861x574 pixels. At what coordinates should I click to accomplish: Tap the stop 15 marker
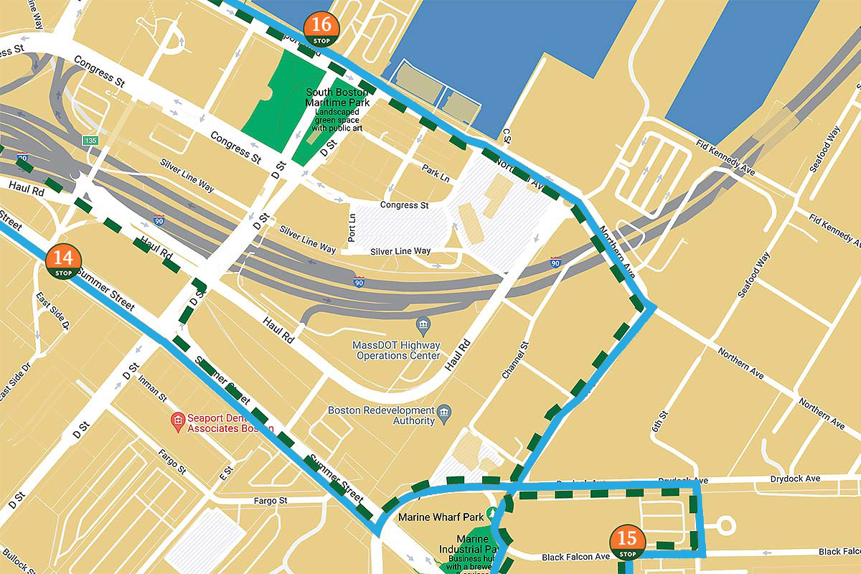pyautogui.click(x=627, y=543)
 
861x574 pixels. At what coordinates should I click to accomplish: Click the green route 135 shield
pyautogui.click(x=90, y=140)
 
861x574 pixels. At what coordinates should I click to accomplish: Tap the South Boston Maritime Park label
pyautogui.click(x=337, y=98)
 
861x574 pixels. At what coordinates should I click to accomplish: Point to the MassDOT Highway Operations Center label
pyautogui.click(x=396, y=350)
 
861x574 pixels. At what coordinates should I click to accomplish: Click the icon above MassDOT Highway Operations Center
pyautogui.click(x=422, y=326)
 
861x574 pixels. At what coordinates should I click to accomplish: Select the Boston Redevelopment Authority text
pyautogui.click(x=381, y=415)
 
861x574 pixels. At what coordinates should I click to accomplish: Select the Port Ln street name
pyautogui.click(x=352, y=227)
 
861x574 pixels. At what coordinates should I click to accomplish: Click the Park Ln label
pyautogui.click(x=436, y=173)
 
